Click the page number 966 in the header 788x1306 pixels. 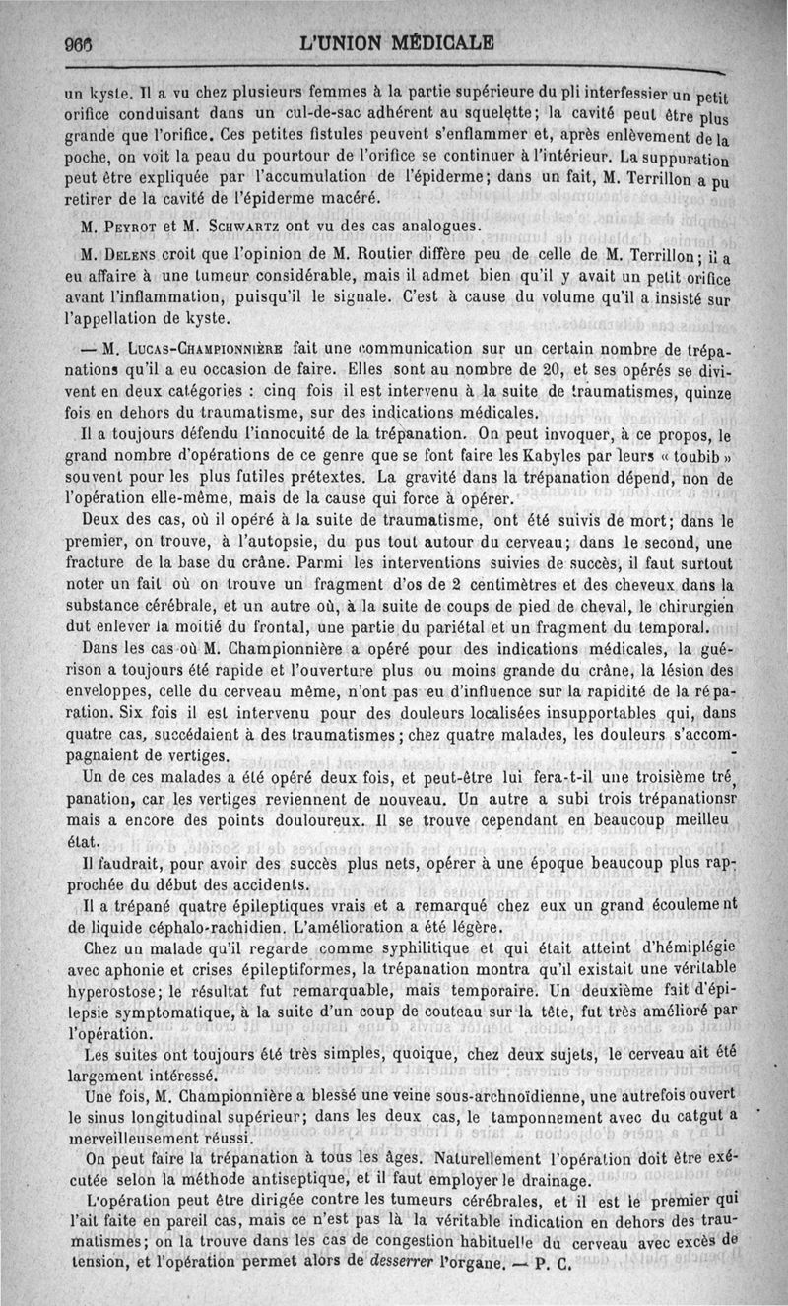[77, 44]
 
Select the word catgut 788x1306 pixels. [689, 1115]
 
